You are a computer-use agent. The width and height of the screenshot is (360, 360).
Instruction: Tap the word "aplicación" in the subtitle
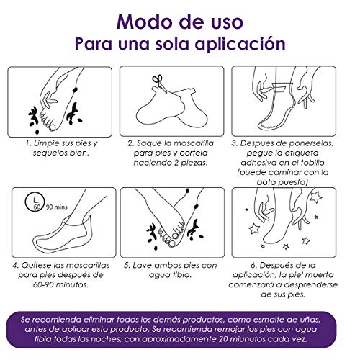[x=240, y=44]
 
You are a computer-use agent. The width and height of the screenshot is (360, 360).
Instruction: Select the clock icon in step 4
[x=35, y=202]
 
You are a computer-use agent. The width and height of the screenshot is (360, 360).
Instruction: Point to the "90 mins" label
[x=57, y=207]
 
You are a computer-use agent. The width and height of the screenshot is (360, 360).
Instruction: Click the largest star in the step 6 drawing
[x=315, y=197]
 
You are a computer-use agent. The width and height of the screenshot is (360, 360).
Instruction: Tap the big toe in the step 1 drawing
[x=52, y=127]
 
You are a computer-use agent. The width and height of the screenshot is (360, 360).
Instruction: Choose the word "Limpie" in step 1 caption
[x=46, y=143]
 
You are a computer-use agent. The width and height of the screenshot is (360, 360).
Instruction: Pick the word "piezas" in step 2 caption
[x=194, y=163]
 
